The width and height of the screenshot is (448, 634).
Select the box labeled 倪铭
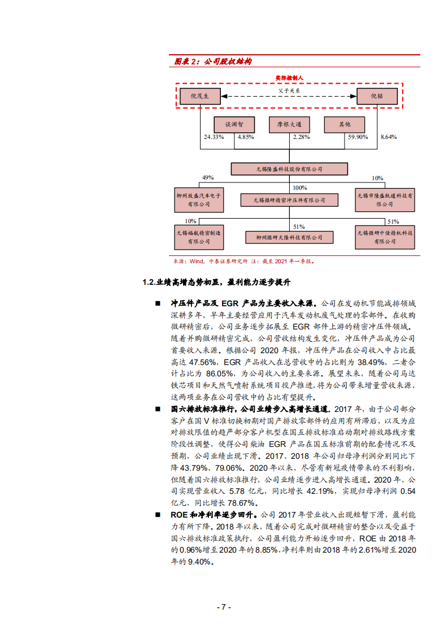click(x=376, y=97)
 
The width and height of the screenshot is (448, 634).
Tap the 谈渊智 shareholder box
click(x=234, y=124)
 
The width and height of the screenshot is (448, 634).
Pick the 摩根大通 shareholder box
click(x=289, y=124)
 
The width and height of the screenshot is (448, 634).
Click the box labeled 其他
click(x=344, y=124)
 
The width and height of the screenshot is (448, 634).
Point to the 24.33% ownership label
click(x=214, y=137)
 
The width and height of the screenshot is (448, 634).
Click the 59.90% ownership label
click(x=358, y=137)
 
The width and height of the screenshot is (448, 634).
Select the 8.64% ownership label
click(x=389, y=137)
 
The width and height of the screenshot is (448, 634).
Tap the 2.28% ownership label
click(x=301, y=137)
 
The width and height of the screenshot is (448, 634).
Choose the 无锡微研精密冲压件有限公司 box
click(x=289, y=200)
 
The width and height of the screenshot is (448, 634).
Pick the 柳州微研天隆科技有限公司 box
click(x=289, y=238)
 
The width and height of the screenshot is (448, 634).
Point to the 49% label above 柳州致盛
click(x=208, y=178)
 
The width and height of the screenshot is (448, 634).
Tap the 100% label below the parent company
click(x=299, y=188)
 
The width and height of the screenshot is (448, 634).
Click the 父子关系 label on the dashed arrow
click(x=289, y=90)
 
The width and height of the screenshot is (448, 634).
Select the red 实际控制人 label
click(x=289, y=77)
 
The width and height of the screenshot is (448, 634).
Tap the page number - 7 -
click(x=224, y=607)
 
